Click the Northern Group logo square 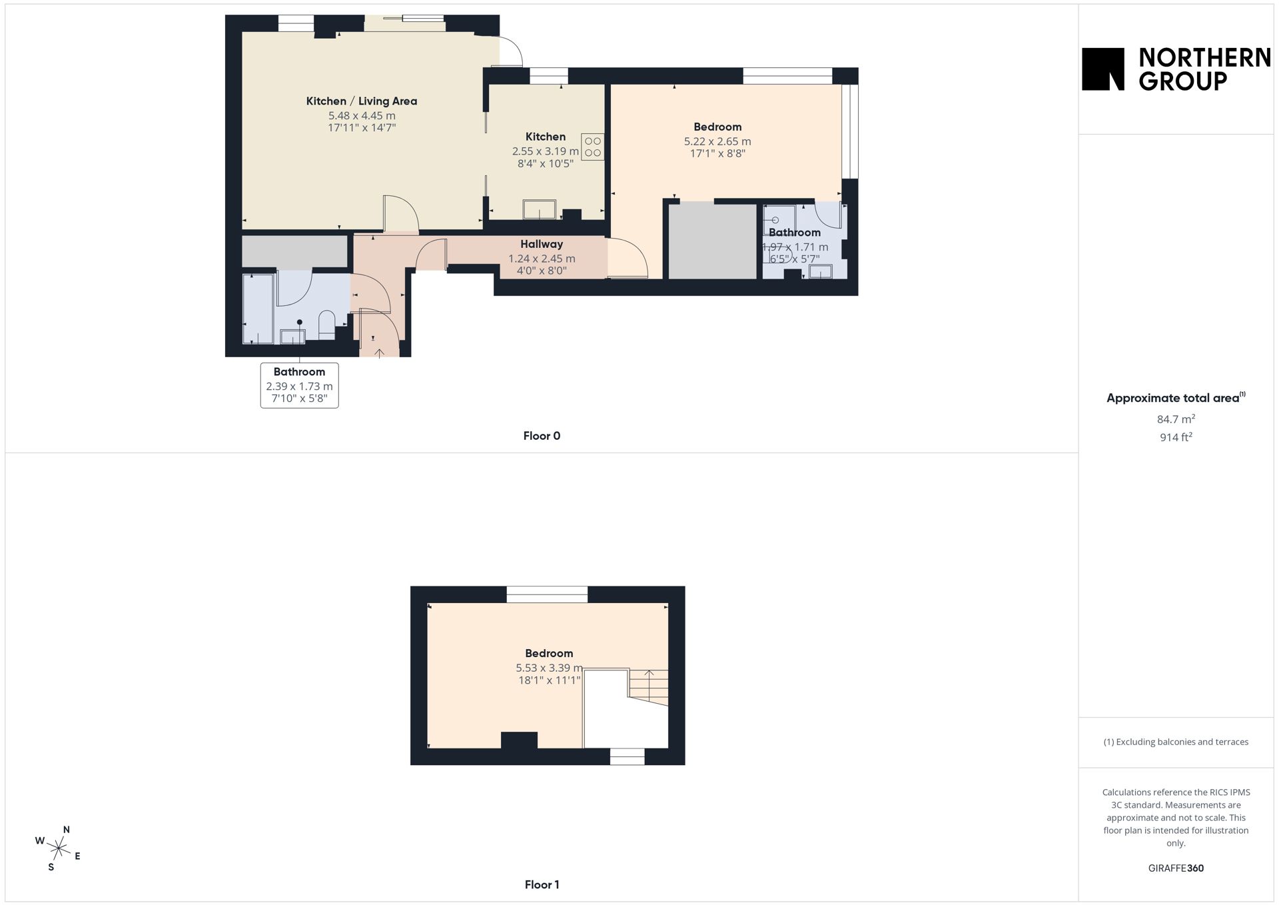click(x=1102, y=69)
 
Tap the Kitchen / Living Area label click(x=362, y=101)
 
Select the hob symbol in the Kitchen click(x=593, y=147)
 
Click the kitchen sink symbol click(x=540, y=209)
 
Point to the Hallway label click(x=542, y=245)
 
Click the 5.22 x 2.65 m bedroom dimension click(x=717, y=141)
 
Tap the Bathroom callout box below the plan click(x=299, y=385)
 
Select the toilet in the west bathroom click(x=327, y=325)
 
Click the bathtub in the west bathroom click(x=258, y=309)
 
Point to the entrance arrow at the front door click(x=380, y=353)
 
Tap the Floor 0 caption click(x=542, y=436)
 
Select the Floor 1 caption click(x=542, y=885)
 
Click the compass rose click(x=59, y=848)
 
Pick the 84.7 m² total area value click(x=1176, y=419)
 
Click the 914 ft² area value click(x=1176, y=437)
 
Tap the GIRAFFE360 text click(x=1176, y=868)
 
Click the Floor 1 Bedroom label click(x=549, y=654)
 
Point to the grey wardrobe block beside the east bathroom click(x=713, y=241)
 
